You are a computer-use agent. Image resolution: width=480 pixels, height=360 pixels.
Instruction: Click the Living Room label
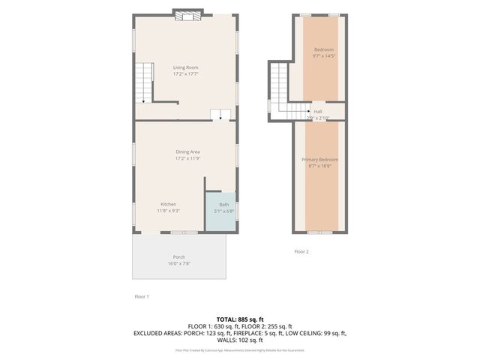185,67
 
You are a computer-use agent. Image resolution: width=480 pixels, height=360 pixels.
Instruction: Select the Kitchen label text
168,204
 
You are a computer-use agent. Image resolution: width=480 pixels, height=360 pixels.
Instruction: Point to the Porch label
179,257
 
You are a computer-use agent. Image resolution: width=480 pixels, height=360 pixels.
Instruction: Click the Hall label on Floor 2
318,111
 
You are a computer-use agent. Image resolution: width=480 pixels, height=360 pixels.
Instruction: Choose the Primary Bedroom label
320,160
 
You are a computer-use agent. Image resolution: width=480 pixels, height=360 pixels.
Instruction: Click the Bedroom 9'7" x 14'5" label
324,49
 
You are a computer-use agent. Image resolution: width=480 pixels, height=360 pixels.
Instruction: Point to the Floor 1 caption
141,297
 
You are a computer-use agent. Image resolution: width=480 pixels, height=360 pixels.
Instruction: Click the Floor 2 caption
301,251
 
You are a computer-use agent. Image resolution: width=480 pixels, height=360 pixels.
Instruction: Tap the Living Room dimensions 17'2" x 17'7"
185,73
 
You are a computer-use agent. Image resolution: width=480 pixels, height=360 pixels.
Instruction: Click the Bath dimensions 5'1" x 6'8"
224,211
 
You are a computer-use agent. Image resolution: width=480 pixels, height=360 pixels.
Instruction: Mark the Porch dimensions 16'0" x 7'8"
179,263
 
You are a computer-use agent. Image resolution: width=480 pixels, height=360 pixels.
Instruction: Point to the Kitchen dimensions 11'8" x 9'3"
168,210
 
